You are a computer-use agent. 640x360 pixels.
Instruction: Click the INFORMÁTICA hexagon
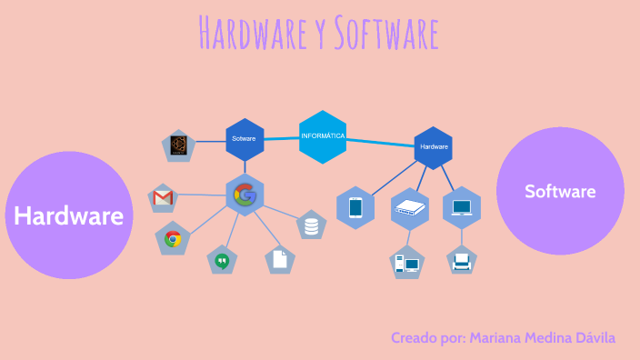pyautogui.click(x=323, y=136)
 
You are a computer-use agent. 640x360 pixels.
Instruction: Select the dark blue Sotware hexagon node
pyautogui.click(x=244, y=139)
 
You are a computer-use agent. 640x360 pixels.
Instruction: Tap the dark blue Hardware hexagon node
pyautogui.click(x=434, y=146)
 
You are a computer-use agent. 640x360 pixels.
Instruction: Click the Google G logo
pyautogui.click(x=244, y=194)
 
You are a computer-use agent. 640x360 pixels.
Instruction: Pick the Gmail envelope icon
pyautogui.click(x=164, y=197)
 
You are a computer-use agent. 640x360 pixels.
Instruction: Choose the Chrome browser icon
pyautogui.click(x=173, y=239)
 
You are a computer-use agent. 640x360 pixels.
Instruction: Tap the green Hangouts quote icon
pyautogui.click(x=221, y=261)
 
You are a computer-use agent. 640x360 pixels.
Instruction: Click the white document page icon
pyautogui.click(x=280, y=259)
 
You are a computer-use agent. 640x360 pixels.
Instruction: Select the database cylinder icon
pyautogui.click(x=312, y=224)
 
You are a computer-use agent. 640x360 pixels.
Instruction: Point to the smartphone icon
pyautogui.click(x=355, y=208)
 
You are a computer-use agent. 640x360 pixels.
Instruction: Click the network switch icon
pyautogui.click(x=409, y=209)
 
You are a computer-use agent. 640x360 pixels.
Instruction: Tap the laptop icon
pyautogui.click(x=462, y=207)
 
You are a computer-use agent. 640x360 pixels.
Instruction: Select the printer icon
pyautogui.click(x=462, y=262)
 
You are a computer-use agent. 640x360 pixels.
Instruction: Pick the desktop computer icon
pyautogui.click(x=406, y=264)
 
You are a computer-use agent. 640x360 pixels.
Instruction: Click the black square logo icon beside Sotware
pyautogui.click(x=178, y=145)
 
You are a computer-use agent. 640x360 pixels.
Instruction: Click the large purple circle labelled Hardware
pyautogui.click(x=69, y=215)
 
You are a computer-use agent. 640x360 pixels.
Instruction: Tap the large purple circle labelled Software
pyautogui.click(x=560, y=191)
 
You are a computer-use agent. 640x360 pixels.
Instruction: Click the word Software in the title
pyautogui.click(x=385, y=34)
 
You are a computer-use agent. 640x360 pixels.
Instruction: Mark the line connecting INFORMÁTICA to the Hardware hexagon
pyautogui.click(x=381, y=142)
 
